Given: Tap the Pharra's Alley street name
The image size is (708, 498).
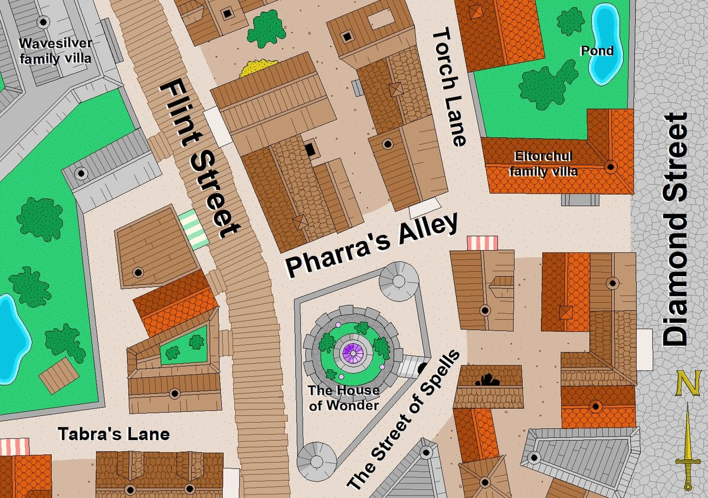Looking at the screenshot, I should pyautogui.click(x=371, y=244).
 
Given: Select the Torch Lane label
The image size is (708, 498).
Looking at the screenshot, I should pyautogui.click(x=449, y=88).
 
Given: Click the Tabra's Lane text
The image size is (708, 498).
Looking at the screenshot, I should pyautogui.click(x=113, y=435).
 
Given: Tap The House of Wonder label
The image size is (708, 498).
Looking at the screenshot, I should pyautogui.click(x=344, y=397).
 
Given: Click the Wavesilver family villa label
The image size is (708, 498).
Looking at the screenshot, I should pyautogui.click(x=55, y=51).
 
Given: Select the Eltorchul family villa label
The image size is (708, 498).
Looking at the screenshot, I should pyautogui.click(x=543, y=164).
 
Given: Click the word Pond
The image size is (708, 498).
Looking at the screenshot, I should pyautogui.click(x=596, y=51).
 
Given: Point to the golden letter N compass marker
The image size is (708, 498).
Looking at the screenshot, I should pyautogui.click(x=688, y=384).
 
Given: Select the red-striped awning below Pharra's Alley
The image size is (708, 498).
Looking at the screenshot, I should pyautogui.click(x=482, y=243).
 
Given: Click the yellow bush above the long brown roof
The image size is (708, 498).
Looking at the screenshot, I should pyautogui.click(x=258, y=67).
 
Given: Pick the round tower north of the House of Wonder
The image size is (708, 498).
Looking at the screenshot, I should pyautogui.click(x=399, y=279).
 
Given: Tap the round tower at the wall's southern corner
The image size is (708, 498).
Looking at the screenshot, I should pyautogui.click(x=316, y=460).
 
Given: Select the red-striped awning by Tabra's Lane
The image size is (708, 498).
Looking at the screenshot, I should pyautogui.click(x=15, y=447).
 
